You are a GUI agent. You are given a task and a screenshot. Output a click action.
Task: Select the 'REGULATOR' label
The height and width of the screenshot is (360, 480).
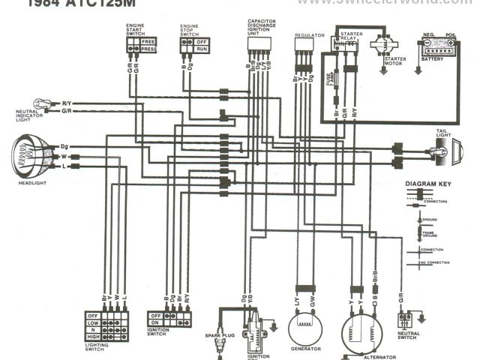coord(309,35)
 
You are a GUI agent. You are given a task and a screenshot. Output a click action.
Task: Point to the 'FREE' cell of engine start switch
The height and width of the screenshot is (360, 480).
coord(148,41)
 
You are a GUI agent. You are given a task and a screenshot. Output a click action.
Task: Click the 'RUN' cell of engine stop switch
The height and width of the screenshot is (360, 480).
coord(201,49)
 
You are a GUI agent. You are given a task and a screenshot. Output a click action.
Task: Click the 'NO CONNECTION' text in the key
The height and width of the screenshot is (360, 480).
coord(436,263)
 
